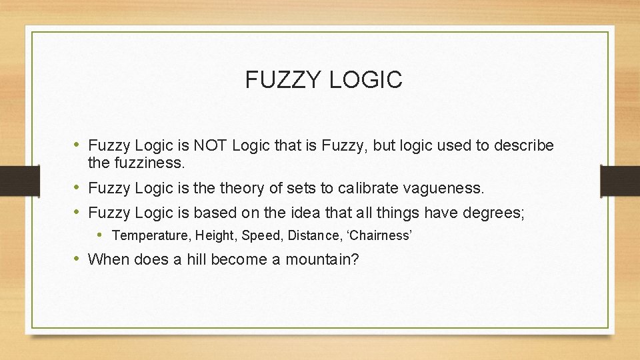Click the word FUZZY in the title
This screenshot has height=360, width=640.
[283, 80]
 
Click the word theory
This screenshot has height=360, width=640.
[243, 189]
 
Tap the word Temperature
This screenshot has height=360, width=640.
[151, 235]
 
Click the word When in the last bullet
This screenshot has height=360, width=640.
[109, 259]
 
